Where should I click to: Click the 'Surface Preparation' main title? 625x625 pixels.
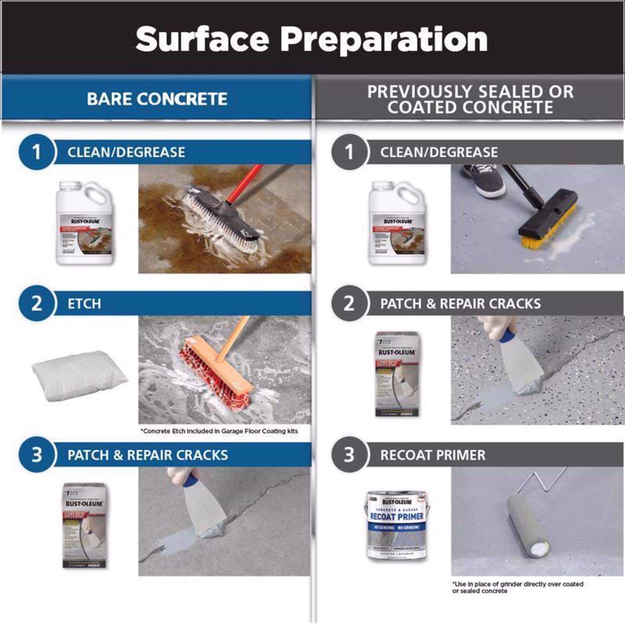point(311,39)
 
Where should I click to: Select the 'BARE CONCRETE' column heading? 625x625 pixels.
point(157,99)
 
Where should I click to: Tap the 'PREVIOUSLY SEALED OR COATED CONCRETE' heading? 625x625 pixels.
point(470,99)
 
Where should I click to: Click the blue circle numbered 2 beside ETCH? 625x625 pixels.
point(36,303)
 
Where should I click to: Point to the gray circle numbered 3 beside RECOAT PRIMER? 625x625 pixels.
point(349,455)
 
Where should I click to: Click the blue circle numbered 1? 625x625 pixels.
point(36,152)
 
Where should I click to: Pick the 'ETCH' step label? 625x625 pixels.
point(84,303)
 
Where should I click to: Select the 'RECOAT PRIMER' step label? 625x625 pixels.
point(432,455)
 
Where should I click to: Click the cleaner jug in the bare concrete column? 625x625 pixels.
point(85,223)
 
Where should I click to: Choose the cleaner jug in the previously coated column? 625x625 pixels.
point(397,223)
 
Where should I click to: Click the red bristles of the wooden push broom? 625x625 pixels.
point(206,375)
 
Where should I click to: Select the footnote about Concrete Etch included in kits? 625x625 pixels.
point(219,431)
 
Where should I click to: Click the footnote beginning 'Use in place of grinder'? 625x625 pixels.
point(517,587)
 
